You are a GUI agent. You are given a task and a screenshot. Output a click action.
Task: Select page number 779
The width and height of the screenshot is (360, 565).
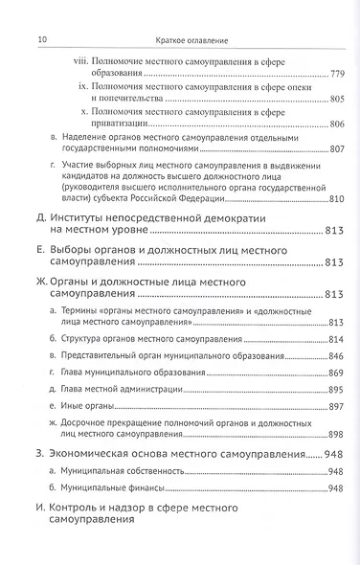[334, 75]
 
